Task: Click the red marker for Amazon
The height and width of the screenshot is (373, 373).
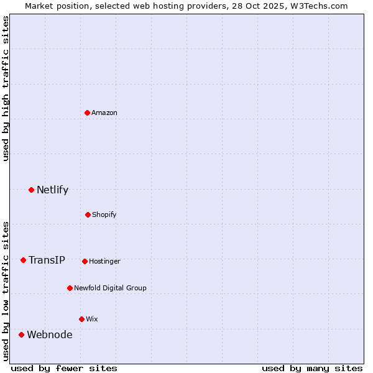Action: [x=88, y=113]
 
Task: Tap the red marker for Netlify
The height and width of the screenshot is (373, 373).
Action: [x=31, y=190]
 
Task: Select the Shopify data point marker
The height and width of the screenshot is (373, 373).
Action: [x=88, y=214]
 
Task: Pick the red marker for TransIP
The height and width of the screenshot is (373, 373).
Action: [x=23, y=260]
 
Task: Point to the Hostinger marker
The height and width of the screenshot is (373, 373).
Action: [x=85, y=261]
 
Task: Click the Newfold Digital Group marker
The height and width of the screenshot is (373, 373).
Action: [x=70, y=288]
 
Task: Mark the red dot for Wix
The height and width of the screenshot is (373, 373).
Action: [x=81, y=319]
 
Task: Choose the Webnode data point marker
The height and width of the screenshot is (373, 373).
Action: [x=21, y=334]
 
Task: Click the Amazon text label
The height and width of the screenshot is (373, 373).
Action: [x=104, y=113]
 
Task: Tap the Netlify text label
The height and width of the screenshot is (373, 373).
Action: [x=52, y=190]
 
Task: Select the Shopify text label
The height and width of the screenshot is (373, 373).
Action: [x=104, y=214]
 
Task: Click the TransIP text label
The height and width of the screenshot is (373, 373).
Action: [x=47, y=260]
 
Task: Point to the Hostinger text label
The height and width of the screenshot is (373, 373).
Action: [x=104, y=261]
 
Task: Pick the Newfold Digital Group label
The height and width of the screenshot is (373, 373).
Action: [x=110, y=288]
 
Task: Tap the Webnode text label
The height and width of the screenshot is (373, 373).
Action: [x=49, y=334]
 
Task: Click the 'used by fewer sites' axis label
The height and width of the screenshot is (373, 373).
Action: [x=64, y=368]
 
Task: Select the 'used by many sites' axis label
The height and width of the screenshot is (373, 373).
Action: [x=312, y=368]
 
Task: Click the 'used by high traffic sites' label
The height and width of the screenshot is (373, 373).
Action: [x=6, y=88]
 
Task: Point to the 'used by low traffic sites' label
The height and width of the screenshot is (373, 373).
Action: [x=6, y=290]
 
